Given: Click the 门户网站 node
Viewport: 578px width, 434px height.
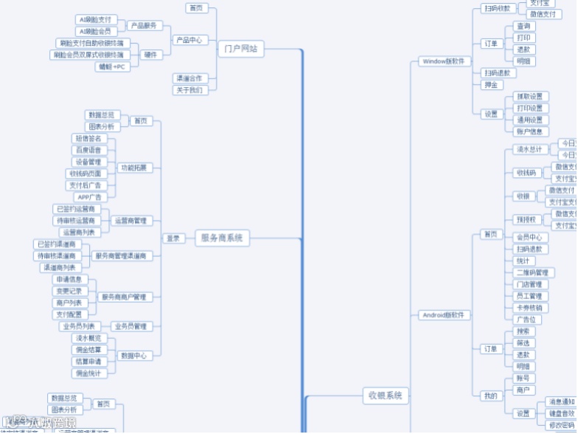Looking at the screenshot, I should (x=241, y=49).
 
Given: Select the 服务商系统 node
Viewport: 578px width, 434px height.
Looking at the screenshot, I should (x=223, y=238).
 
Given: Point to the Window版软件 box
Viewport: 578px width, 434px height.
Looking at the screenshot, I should (x=445, y=61).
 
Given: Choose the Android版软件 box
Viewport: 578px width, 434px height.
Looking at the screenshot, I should (x=445, y=315).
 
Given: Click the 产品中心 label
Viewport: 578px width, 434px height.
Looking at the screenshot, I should (x=188, y=40).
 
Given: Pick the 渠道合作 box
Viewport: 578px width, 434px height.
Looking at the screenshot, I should (x=188, y=78).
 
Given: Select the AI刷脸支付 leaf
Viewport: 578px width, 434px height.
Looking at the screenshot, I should (x=96, y=20).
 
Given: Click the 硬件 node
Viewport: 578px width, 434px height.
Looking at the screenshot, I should (x=150, y=55).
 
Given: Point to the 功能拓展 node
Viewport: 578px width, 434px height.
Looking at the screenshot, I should (x=133, y=168).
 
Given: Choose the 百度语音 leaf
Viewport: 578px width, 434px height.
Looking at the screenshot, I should (x=89, y=150).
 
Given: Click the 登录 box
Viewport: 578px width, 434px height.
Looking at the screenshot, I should (x=173, y=238).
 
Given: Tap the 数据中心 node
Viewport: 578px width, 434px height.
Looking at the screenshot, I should (x=133, y=356).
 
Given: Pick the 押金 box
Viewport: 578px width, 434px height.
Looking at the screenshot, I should (x=490, y=85).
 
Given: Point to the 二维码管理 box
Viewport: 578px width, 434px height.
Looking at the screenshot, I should (x=531, y=273).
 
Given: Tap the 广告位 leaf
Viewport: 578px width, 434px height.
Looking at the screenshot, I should (x=528, y=320).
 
